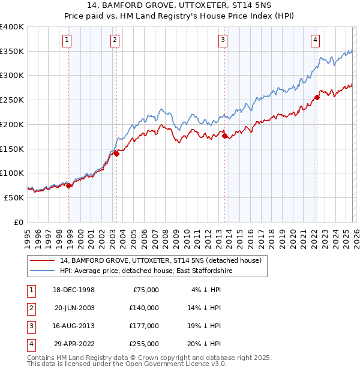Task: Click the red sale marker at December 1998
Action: tap(69, 185)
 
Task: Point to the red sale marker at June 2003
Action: tap(116, 154)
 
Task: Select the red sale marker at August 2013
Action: tap(225, 136)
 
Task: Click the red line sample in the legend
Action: tap(42, 261)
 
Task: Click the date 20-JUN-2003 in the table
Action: tap(74, 307)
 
